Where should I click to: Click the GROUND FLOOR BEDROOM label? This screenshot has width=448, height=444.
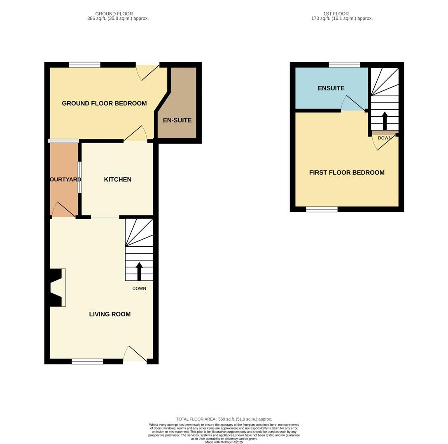click(x=104, y=103)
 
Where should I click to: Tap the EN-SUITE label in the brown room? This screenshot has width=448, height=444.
click(x=177, y=120)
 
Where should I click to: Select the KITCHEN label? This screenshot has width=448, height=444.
click(x=118, y=180)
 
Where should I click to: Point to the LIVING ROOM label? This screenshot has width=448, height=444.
click(x=110, y=314)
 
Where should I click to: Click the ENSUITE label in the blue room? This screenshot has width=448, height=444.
click(x=331, y=88)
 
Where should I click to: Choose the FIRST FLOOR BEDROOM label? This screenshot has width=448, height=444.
click(x=347, y=172)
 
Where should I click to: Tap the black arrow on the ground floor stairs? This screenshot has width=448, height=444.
click(x=139, y=271)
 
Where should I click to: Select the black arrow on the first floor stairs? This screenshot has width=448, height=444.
click(x=385, y=121)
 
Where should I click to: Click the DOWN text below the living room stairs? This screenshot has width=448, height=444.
click(x=139, y=289)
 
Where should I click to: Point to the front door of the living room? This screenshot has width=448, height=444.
click(x=135, y=354)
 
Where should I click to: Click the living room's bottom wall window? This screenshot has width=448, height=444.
click(x=87, y=361)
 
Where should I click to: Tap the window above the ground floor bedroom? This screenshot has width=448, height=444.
click(x=84, y=65)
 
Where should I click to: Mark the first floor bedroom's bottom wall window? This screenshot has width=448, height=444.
click(x=322, y=209)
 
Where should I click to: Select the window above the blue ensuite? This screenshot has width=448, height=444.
click(x=345, y=65)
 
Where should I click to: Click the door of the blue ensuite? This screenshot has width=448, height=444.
click(x=353, y=103)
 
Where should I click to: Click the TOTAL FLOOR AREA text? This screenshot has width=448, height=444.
click(x=224, y=419)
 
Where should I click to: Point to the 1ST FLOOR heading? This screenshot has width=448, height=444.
click(x=336, y=14)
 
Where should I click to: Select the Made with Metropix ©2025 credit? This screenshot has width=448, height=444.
click(x=224, y=442)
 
